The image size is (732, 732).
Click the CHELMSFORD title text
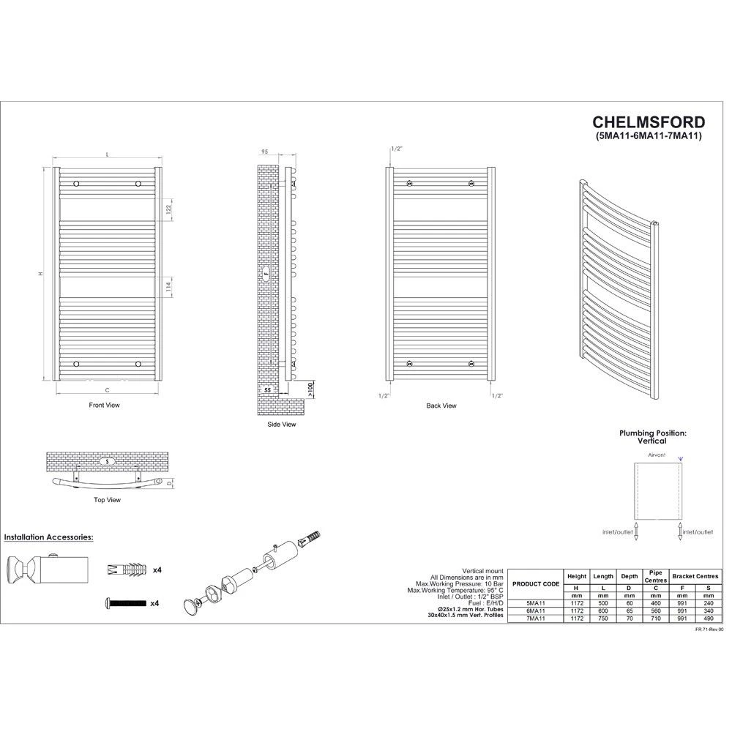tap(649, 122)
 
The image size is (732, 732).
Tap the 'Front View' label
tap(104, 405)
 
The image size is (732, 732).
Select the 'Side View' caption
tap(281, 424)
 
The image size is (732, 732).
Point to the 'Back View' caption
tap(441, 405)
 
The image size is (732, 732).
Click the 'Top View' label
tap(108, 500)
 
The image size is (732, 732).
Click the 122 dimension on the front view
tap(168, 209)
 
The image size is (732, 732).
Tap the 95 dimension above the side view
tap(264, 152)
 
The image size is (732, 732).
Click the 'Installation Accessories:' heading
tap(48, 537)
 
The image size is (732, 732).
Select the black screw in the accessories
tap(126, 603)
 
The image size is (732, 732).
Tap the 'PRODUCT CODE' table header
tap(536, 583)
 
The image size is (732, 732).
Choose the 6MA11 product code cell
tap(535, 611)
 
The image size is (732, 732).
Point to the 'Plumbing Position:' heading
tap(652, 433)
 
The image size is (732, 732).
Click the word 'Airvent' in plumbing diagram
tap(656, 455)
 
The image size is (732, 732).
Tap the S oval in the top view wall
tap(107, 462)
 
